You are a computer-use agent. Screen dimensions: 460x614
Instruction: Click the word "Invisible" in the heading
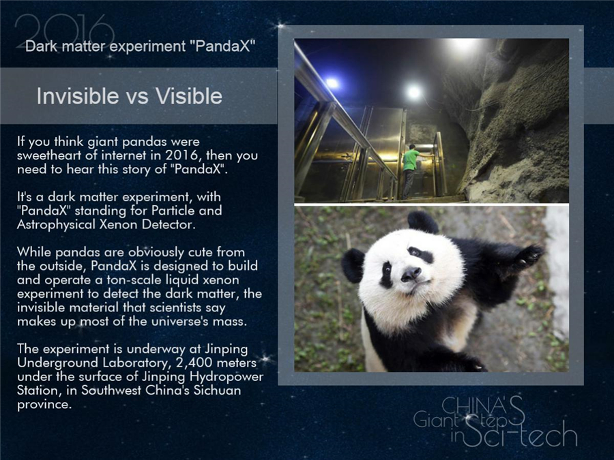click(76, 96)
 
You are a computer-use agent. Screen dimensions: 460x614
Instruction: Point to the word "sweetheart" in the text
click(48, 155)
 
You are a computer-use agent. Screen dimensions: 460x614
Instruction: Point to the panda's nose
click(411, 274)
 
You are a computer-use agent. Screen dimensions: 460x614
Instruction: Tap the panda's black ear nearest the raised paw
click(424, 221)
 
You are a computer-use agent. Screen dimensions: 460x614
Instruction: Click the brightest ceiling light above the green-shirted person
click(414, 91)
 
